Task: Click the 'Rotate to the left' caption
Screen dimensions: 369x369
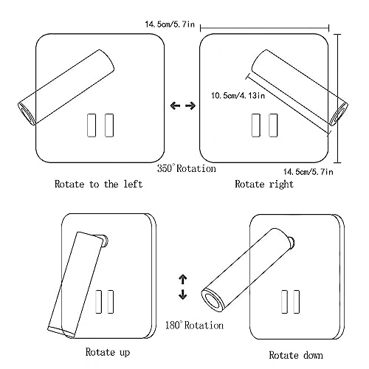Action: tap(98, 184)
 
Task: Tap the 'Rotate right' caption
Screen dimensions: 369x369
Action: tap(264, 184)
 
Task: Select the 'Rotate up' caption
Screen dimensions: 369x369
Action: tap(108, 352)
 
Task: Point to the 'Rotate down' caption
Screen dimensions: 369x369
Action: tap(296, 355)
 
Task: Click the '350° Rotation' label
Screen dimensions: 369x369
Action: tap(187, 168)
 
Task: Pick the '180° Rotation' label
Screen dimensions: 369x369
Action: tap(194, 325)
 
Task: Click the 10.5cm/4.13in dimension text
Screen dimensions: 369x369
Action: tap(238, 95)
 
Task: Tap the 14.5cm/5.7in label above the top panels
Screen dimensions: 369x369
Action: tap(170, 24)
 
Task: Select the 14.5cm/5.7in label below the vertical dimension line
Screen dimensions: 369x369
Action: tap(308, 171)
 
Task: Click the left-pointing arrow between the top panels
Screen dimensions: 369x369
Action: tap(175, 106)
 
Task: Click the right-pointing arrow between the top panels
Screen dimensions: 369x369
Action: tap(190, 106)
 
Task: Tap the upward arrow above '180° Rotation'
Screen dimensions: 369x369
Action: tap(183, 279)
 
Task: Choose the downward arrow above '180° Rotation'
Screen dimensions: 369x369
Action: tap(183, 294)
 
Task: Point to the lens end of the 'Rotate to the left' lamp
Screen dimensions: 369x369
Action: tap(27, 113)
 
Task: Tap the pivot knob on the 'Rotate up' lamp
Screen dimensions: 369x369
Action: tap(106, 241)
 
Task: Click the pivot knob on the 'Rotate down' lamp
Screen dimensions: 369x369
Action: tap(292, 243)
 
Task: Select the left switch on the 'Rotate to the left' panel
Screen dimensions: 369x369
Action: tap(92, 125)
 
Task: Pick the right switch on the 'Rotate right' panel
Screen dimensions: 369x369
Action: tap(273, 125)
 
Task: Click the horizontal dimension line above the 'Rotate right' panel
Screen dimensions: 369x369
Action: tap(265, 28)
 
